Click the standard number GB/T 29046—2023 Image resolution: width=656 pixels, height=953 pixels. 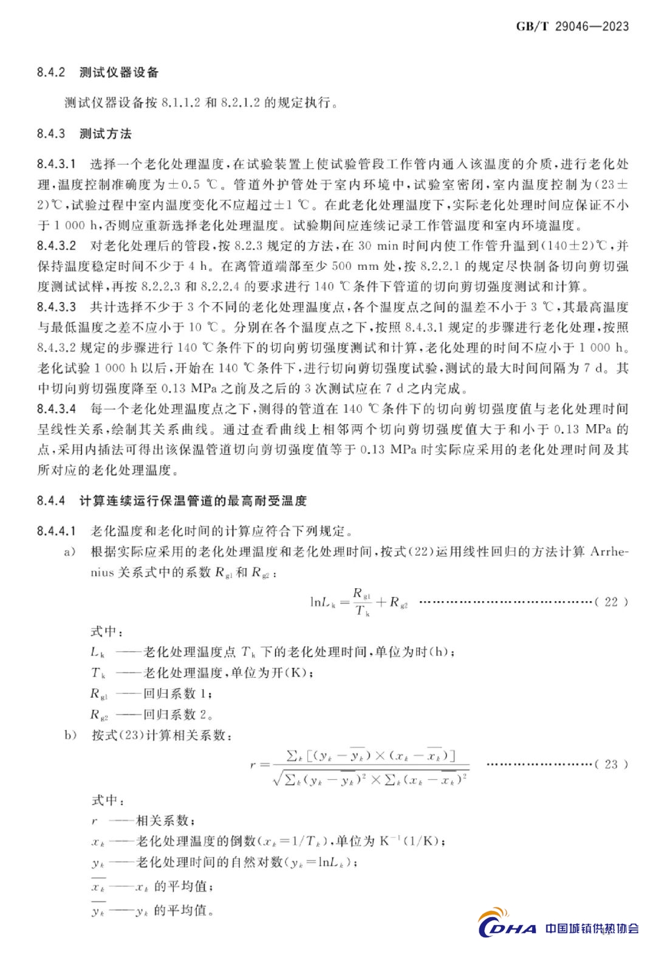(572, 26)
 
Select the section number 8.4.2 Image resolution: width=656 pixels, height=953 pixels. (50, 72)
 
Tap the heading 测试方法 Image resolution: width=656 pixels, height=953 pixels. (106, 134)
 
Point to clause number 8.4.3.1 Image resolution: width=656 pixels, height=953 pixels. (56, 164)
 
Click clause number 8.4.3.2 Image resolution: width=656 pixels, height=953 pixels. (56, 246)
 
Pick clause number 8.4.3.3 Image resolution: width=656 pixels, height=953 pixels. (56, 307)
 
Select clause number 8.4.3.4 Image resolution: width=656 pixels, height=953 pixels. (56, 408)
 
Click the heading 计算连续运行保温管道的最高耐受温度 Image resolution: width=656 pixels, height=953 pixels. (193, 501)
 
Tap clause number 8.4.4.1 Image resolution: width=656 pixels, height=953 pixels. (56, 531)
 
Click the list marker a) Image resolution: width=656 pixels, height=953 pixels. (70, 552)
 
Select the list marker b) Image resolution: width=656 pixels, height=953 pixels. (70, 735)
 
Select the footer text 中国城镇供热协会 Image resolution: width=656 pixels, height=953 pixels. (592, 928)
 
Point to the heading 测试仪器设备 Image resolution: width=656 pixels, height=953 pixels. (119, 72)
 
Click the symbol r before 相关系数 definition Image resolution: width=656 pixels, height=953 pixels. (94, 821)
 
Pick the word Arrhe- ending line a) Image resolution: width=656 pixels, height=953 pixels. (609, 552)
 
